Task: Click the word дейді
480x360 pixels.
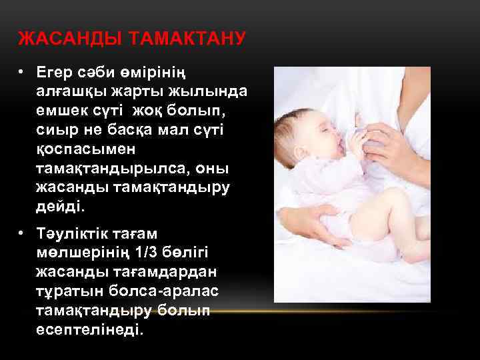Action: click(61, 207)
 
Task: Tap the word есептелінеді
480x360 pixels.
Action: click(90, 329)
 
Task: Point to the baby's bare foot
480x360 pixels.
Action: click(420, 250)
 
